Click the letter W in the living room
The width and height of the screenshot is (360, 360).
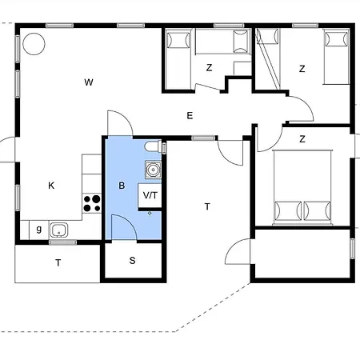click(89, 82)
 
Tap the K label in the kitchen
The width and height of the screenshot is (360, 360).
click(51, 186)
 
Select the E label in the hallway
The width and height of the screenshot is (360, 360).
click(190, 116)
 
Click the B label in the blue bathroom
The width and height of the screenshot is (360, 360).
click(122, 186)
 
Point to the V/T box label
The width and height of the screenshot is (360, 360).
click(150, 195)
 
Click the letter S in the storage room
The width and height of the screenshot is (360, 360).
click(132, 260)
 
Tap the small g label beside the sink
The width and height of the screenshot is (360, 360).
click(39, 229)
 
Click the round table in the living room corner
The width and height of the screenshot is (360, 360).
click(34, 44)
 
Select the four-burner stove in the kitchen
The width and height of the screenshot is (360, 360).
click(92, 203)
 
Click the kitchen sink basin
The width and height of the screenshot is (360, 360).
click(59, 230)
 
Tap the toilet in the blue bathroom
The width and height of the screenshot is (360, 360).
click(153, 146)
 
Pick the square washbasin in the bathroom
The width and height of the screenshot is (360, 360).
click(153, 170)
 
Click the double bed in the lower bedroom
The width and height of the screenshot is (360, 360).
click(302, 187)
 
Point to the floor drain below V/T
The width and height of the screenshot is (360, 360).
click(150, 213)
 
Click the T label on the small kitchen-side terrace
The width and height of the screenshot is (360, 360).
click(58, 263)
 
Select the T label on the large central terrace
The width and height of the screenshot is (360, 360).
click(207, 206)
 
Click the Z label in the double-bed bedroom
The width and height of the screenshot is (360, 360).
click(302, 139)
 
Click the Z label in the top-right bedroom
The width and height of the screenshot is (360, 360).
click(302, 69)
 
